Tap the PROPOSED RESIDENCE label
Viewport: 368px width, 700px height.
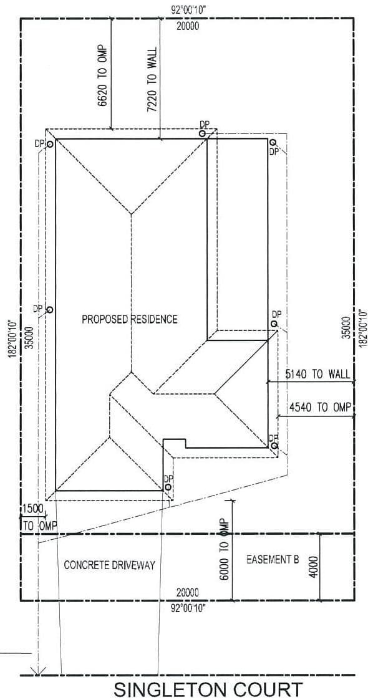130,319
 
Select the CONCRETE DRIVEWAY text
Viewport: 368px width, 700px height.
109,565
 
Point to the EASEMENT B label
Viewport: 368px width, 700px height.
273,559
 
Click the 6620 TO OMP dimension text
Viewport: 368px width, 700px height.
103,75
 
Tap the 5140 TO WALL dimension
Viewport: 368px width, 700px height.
317,374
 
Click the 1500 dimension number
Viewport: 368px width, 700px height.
33,509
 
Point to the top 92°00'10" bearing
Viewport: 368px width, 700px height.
188,9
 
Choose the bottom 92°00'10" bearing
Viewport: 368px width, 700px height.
188,608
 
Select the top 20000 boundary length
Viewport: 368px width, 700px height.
188,26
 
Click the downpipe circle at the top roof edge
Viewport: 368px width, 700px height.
202,133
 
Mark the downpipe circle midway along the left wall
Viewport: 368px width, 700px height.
50,310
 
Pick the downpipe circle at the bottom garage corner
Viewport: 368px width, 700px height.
168,487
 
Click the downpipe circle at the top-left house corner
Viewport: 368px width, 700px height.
50,144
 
